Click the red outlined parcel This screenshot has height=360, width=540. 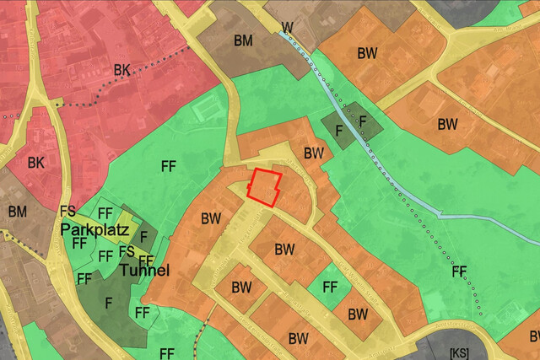pyautogui.click(x=264, y=186)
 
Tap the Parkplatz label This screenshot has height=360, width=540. pyautogui.click(x=93, y=229)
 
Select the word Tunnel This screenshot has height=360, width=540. pyautogui.click(x=144, y=271)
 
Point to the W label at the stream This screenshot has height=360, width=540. pyautogui.click(x=288, y=28)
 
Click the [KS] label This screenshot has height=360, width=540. pyautogui.click(x=460, y=352)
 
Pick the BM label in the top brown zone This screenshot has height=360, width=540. pyautogui.click(x=243, y=40)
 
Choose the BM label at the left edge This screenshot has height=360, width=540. pyautogui.click(x=17, y=212)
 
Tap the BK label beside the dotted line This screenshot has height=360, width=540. pyautogui.click(x=122, y=70)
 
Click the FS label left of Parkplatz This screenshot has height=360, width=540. pyautogui.click(x=67, y=211)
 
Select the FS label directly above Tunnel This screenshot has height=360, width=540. pyautogui.click(x=127, y=251)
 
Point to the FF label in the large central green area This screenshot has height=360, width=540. pyautogui.click(x=169, y=166)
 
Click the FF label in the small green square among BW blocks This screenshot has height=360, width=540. pyautogui.click(x=330, y=287)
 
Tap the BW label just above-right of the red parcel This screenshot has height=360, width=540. pyautogui.click(x=314, y=153)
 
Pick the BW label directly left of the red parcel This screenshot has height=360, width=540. pyautogui.click(x=211, y=218)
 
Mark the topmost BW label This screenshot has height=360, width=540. pyautogui.click(x=367, y=53)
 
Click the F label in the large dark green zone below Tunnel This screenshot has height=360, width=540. pyautogui.click(x=109, y=302)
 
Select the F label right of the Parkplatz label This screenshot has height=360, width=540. pyautogui.click(x=143, y=235)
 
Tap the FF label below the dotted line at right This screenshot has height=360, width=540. pyautogui.click(x=459, y=271)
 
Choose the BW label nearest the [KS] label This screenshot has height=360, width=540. pyautogui.click(x=358, y=314)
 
